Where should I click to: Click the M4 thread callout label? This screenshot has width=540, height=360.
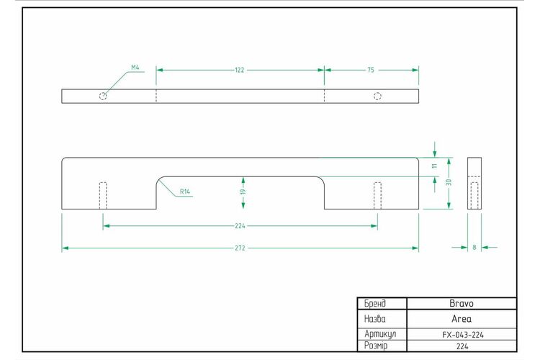tap(135, 68)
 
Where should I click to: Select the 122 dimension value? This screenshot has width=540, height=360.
tap(239, 70)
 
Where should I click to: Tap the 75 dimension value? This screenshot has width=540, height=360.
tap(371, 70)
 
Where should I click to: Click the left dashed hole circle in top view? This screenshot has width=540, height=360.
tap(103, 96)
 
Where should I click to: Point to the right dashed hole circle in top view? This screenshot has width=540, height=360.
tap(377, 96)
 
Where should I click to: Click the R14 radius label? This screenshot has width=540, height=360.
tap(185, 192)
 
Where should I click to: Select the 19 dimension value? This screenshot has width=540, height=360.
tap(243, 192)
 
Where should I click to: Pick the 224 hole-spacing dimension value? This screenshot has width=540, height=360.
tap(240, 226)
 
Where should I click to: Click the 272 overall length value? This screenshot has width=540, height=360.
tap(240, 248)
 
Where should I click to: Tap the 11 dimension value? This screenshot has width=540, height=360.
tap(435, 166)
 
